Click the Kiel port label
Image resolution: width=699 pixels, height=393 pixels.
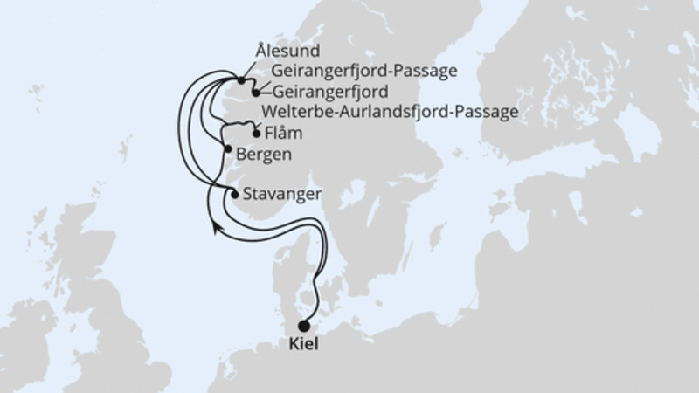coord(304,344)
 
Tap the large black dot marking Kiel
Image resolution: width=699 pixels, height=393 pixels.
coord(303,327)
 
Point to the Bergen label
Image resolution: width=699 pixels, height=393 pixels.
coord(263,155)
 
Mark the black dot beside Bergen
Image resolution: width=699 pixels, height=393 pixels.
coord(229,149)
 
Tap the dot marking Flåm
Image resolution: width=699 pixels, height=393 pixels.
coord(256,134)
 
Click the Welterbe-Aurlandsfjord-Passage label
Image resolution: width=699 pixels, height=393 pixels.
coord(391,112)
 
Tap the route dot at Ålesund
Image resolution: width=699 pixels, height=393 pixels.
coord(240,80)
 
